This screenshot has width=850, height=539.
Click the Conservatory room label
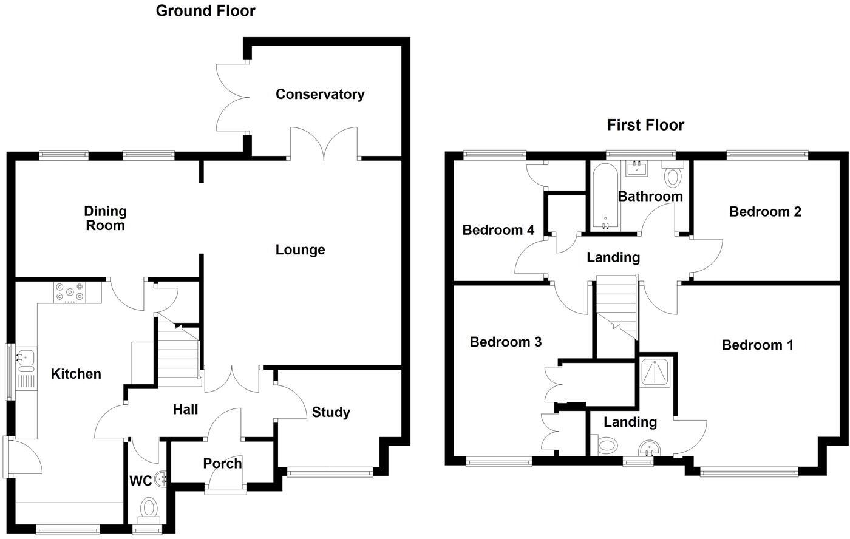[x=319, y=94]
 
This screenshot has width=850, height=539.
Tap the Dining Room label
[x=104, y=218]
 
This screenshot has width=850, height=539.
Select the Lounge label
[x=300, y=249]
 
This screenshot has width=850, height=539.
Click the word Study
[x=331, y=412]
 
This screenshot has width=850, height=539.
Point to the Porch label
[x=222, y=463]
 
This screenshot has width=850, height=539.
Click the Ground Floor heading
[x=205, y=10]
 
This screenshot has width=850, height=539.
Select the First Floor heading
[x=645, y=125]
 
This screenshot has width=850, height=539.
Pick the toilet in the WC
[x=148, y=507]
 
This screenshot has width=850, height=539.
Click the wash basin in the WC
[x=161, y=480]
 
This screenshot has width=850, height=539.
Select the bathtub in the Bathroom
[x=605, y=197]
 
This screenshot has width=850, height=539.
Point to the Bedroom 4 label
[x=498, y=230]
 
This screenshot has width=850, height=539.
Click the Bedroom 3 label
[x=506, y=342]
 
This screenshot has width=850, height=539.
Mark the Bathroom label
[x=650, y=196]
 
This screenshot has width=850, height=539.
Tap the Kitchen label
[x=76, y=373]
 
